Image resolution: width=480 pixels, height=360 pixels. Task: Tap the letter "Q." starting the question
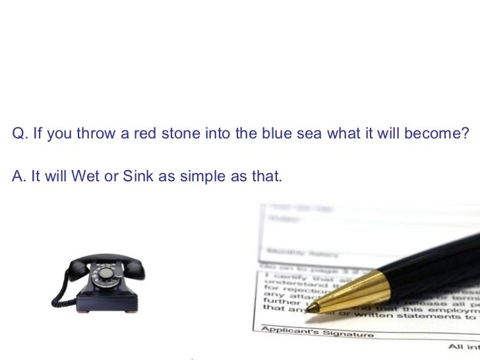[x=20, y=134]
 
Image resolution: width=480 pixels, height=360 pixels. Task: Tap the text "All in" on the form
[x=464, y=346]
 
